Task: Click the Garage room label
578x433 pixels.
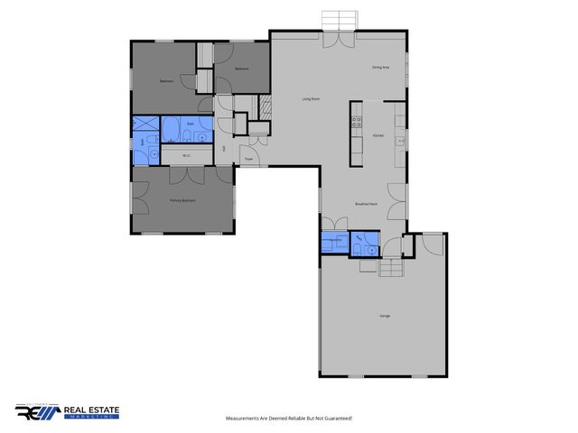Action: pyautogui.click(x=384, y=315)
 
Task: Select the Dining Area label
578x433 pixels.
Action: pyautogui.click(x=380, y=68)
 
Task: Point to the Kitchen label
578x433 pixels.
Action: pyautogui.click(x=379, y=136)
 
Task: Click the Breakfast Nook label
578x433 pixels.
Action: pyautogui.click(x=366, y=204)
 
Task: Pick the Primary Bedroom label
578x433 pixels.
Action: pyautogui.click(x=182, y=200)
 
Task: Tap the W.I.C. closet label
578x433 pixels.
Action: pyautogui.click(x=185, y=155)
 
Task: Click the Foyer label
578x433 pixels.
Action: pyautogui.click(x=248, y=159)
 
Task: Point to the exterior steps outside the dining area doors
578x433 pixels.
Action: pyautogui.click(x=340, y=20)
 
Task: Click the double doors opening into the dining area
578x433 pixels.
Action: pyautogui.click(x=340, y=41)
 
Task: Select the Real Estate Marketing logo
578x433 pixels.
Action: pyautogui.click(x=68, y=412)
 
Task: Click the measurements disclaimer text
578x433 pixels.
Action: pyautogui.click(x=288, y=418)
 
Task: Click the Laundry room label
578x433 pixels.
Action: pyautogui.click(x=335, y=240)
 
